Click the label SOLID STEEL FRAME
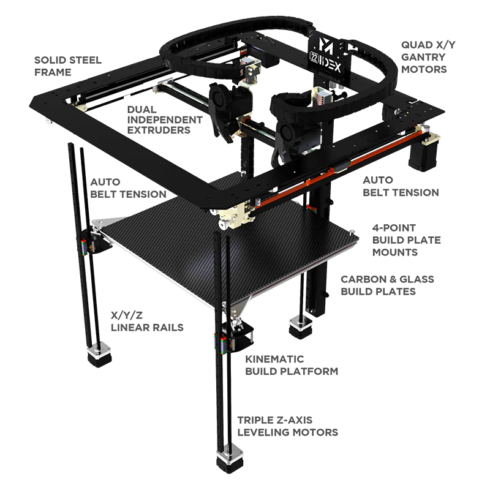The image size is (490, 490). tap(68, 66)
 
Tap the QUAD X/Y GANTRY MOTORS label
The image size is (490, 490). tap(428, 57)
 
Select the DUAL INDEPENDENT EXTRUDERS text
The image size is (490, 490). tap(165, 119)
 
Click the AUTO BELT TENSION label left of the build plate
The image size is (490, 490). tap(128, 188)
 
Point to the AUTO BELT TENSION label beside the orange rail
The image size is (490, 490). tap(401, 186)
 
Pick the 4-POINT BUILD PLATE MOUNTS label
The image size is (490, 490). tap(406, 240)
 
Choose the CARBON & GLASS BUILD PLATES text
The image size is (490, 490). tap(387, 285)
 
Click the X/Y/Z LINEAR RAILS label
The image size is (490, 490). tap(147, 321)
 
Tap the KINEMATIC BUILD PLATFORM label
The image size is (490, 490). tap(292, 365)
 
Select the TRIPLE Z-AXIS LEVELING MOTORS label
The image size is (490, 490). tap(287, 426)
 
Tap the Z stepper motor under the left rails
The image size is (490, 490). tap(99, 355)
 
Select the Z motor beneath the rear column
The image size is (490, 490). tap(301, 327)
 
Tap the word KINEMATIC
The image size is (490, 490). tap(274, 359)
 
